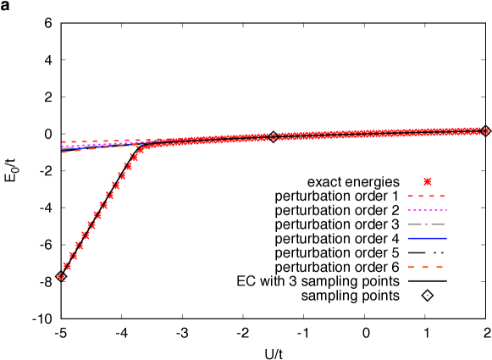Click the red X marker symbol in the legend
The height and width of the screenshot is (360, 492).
coord(428,181)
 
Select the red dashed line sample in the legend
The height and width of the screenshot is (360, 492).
coord(427,196)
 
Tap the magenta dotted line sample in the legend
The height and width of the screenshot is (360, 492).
coord(427,210)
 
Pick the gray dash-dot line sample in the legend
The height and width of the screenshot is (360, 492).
coord(427,224)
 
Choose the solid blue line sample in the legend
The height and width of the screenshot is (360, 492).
coord(427,238)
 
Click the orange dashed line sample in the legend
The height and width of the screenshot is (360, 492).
coord(426,267)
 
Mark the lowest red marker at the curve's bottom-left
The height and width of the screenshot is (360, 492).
coord(61,277)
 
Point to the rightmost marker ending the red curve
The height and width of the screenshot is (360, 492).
coord(486,130)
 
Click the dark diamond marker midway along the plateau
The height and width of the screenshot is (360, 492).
coord(273,136)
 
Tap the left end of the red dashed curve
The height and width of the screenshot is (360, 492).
coord(64,141)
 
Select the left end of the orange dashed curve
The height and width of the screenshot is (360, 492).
coord(64,152)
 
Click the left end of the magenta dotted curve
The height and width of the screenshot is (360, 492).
coord(64,147)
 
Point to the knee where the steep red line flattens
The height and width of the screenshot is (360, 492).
coord(143,147)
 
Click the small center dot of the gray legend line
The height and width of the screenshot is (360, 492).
coord(427,224)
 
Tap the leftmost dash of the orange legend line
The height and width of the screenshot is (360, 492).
coord(412,267)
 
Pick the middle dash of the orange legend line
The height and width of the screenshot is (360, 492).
coord(426,267)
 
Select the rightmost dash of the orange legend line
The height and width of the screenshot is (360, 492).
coord(439,267)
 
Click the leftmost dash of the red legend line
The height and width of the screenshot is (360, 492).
coord(411,196)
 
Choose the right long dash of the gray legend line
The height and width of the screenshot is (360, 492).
coord(438,224)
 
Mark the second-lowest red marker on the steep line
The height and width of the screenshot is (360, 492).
coord(67,266)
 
